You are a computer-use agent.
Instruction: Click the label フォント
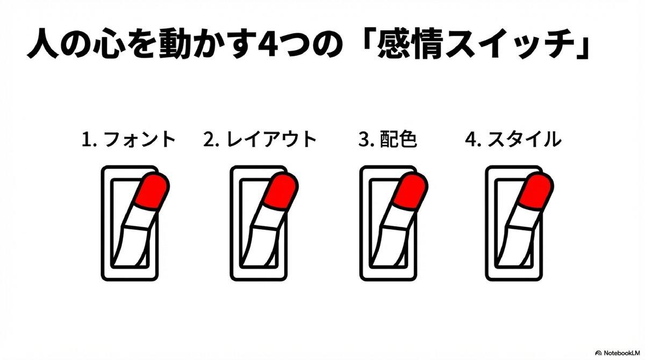click(139, 140)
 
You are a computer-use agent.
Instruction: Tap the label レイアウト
click(271, 140)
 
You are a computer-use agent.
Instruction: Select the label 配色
click(398, 140)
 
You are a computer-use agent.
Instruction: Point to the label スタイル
click(525, 140)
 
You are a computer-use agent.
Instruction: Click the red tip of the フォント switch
click(153, 191)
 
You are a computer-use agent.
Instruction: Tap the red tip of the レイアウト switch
click(281, 191)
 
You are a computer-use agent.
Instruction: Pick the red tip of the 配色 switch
click(411, 191)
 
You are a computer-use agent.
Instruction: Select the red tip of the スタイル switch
click(536, 191)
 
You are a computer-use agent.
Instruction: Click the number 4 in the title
click(268, 44)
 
